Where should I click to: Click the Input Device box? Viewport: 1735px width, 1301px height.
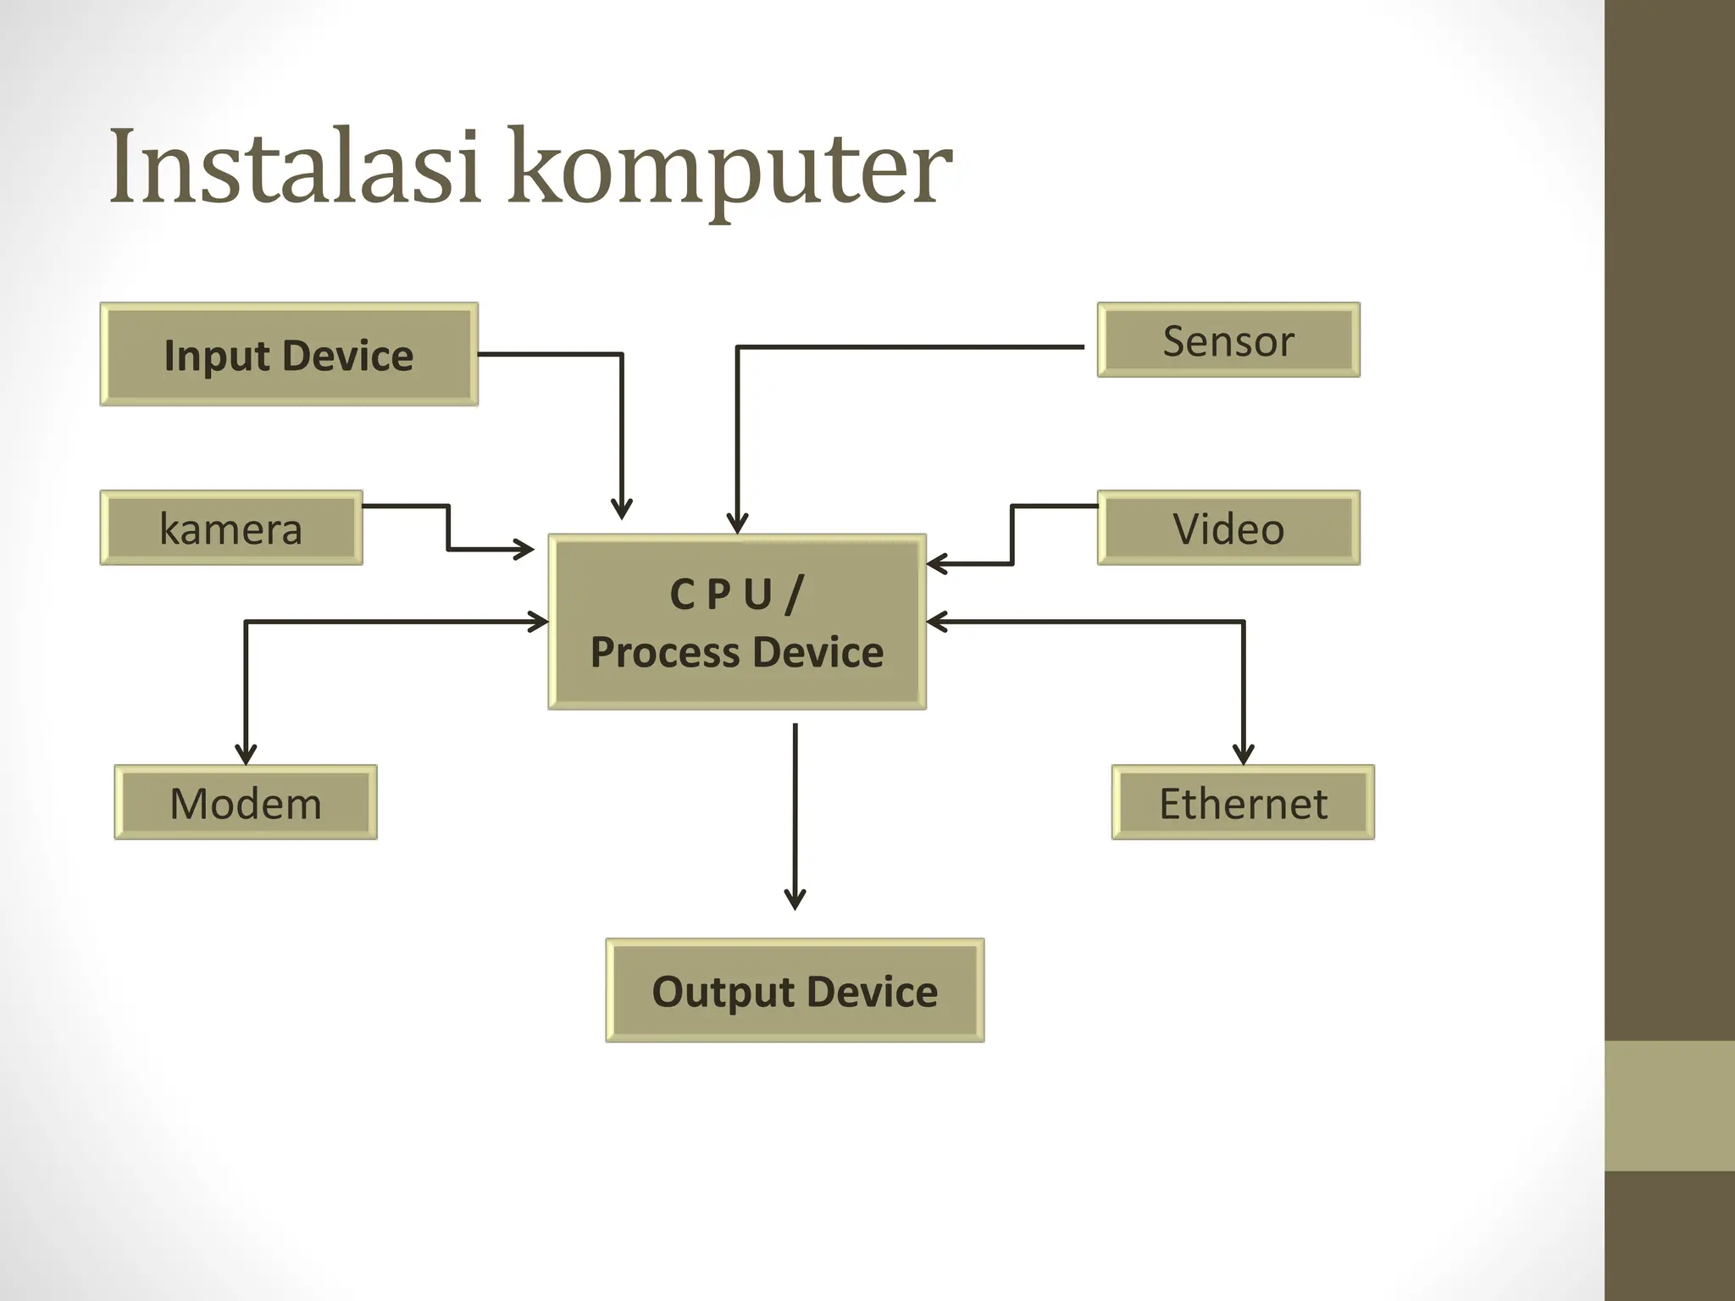289,355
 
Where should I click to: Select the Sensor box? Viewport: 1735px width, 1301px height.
1228,340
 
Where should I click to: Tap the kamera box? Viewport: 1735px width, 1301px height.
231,529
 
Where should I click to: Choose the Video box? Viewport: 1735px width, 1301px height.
1228,529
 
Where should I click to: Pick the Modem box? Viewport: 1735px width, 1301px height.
246,803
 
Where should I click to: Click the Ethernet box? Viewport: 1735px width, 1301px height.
1243,803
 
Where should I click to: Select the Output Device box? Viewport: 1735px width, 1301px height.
795,991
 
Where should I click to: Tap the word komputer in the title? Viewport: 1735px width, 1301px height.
729,169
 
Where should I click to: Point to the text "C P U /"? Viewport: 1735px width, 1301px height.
736,594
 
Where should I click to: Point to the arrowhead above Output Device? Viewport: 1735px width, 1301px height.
795,900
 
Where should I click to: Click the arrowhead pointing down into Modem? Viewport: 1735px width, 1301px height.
246,754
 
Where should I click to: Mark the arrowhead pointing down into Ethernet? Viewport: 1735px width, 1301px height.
1243,754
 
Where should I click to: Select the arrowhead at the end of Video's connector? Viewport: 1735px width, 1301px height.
937,563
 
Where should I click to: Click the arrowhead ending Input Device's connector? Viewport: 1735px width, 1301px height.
622,509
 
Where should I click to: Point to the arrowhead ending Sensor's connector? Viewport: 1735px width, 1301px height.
737,523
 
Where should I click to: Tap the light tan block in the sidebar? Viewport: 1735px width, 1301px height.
1669,1105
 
